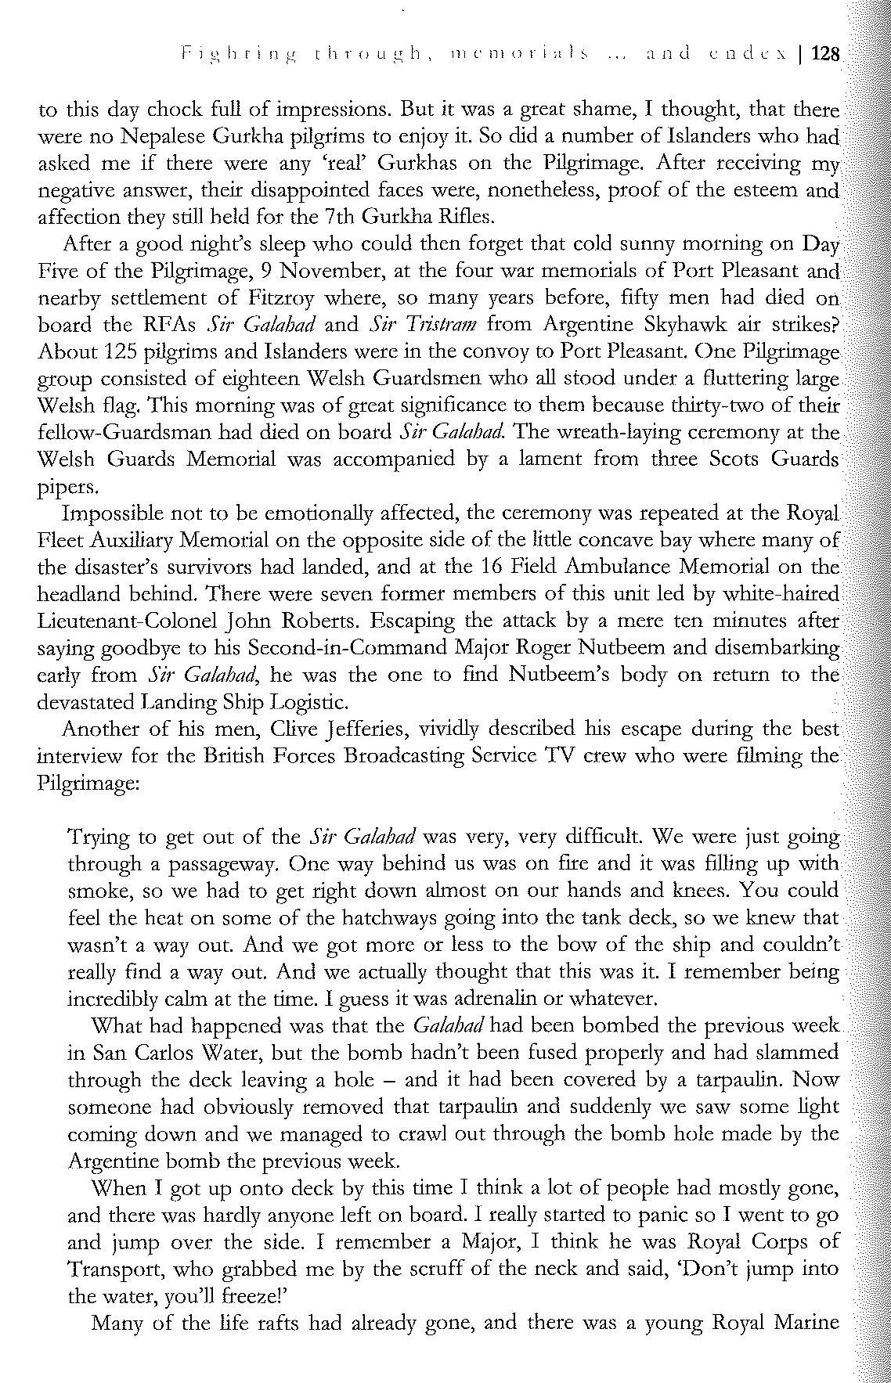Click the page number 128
[x=825, y=54]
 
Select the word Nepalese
[x=162, y=136]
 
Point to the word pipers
[x=68, y=488]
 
